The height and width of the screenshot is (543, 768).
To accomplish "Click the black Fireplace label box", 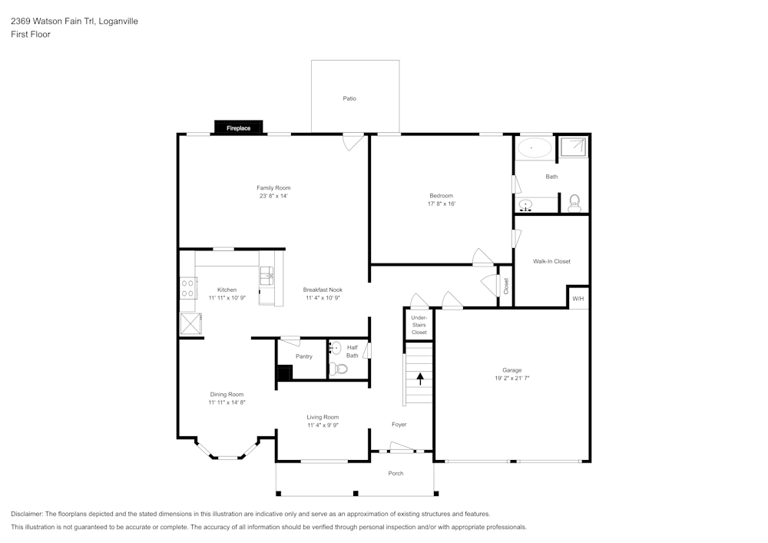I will click(x=238, y=128).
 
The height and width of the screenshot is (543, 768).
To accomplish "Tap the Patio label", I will click(x=349, y=98).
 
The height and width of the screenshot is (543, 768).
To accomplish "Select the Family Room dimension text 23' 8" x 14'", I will click(x=273, y=197).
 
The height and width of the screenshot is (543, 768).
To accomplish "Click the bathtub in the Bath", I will click(x=534, y=147).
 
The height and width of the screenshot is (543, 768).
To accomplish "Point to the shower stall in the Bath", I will click(x=572, y=147).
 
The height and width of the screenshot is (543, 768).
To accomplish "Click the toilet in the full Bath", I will click(x=574, y=204).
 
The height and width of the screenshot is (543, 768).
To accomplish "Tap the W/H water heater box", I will click(x=578, y=298).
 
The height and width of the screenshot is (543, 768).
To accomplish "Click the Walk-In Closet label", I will click(x=551, y=261).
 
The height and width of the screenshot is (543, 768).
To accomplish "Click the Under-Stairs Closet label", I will click(x=419, y=325).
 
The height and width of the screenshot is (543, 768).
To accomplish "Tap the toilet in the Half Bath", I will click(x=339, y=369).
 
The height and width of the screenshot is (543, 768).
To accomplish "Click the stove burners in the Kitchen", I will click(x=187, y=287).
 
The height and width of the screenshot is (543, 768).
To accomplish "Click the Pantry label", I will click(x=304, y=356).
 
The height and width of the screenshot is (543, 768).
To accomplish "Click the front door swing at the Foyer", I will click(x=401, y=447).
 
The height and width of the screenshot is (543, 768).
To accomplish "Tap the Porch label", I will click(x=396, y=473).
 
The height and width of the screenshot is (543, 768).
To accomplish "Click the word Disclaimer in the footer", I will click(x=27, y=514).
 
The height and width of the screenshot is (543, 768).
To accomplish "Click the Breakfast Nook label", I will click(x=323, y=290).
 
